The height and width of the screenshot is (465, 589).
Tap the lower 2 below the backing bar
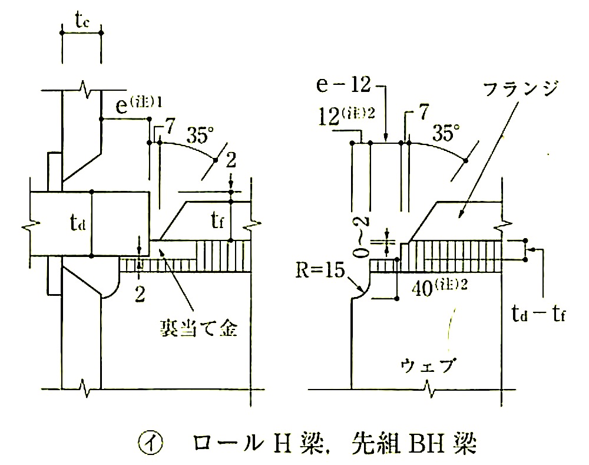(x=140, y=295)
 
